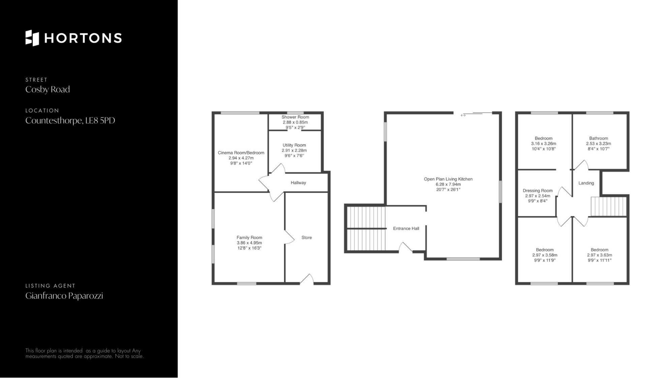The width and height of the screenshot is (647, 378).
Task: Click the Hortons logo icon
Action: click(32, 38)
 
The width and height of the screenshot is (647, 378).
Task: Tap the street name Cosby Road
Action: click(48, 89)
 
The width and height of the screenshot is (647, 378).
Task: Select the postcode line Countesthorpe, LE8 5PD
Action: click(70, 120)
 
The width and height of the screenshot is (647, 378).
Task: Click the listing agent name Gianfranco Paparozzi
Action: click(64, 296)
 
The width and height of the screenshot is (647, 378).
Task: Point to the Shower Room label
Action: click(295, 117)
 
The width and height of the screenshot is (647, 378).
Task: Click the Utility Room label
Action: click(294, 145)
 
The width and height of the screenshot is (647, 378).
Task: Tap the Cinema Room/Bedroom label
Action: click(241, 153)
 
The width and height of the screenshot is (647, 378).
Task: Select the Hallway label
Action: click(298, 183)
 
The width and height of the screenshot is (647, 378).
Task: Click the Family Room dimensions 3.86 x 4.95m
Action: click(249, 243)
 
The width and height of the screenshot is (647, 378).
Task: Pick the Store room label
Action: click(307, 238)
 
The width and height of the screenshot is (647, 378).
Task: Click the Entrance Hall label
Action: click(406, 228)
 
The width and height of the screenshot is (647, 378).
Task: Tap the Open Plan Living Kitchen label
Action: click(448, 179)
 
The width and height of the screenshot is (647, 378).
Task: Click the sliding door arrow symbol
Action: click(463, 115)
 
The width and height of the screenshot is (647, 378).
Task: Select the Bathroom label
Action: click(598, 138)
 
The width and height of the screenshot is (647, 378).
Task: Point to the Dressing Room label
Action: click(537, 191)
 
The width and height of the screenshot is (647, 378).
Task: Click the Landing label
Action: click(586, 183)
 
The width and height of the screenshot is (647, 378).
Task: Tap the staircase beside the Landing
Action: click(609, 206)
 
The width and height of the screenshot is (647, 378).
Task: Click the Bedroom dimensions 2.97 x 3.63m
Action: click(599, 255)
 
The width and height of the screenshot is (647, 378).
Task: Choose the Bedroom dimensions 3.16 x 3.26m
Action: click(544, 143)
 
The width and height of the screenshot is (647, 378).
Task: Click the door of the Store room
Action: click(307, 279)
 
